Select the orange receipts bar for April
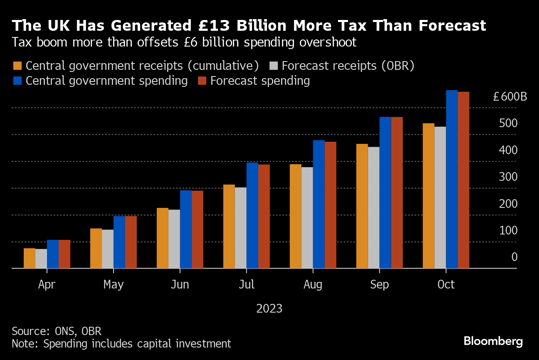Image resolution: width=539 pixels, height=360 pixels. (30, 258)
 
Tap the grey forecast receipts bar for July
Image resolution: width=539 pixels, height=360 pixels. (241, 228)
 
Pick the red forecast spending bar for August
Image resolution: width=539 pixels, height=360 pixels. (330, 205)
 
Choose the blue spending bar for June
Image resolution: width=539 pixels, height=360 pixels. (186, 229)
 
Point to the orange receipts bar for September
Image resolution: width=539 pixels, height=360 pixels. (362, 206)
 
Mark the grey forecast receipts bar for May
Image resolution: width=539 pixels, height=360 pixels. (108, 249)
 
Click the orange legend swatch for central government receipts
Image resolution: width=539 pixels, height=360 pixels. (17, 66)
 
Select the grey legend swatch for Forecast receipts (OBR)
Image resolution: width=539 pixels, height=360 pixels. (273, 66)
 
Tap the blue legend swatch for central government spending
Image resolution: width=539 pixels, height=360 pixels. (17, 81)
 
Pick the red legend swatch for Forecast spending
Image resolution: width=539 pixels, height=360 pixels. (202, 81)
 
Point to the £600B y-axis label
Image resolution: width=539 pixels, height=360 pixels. (509, 97)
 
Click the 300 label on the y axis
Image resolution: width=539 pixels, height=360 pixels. (508, 177)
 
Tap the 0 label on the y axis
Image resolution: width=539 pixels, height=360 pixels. (514, 257)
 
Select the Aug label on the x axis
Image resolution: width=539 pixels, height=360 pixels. (313, 285)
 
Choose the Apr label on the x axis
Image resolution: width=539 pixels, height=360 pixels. (47, 285)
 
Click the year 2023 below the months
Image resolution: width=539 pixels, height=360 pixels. (269, 309)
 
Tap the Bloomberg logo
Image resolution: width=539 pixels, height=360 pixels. (493, 341)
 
